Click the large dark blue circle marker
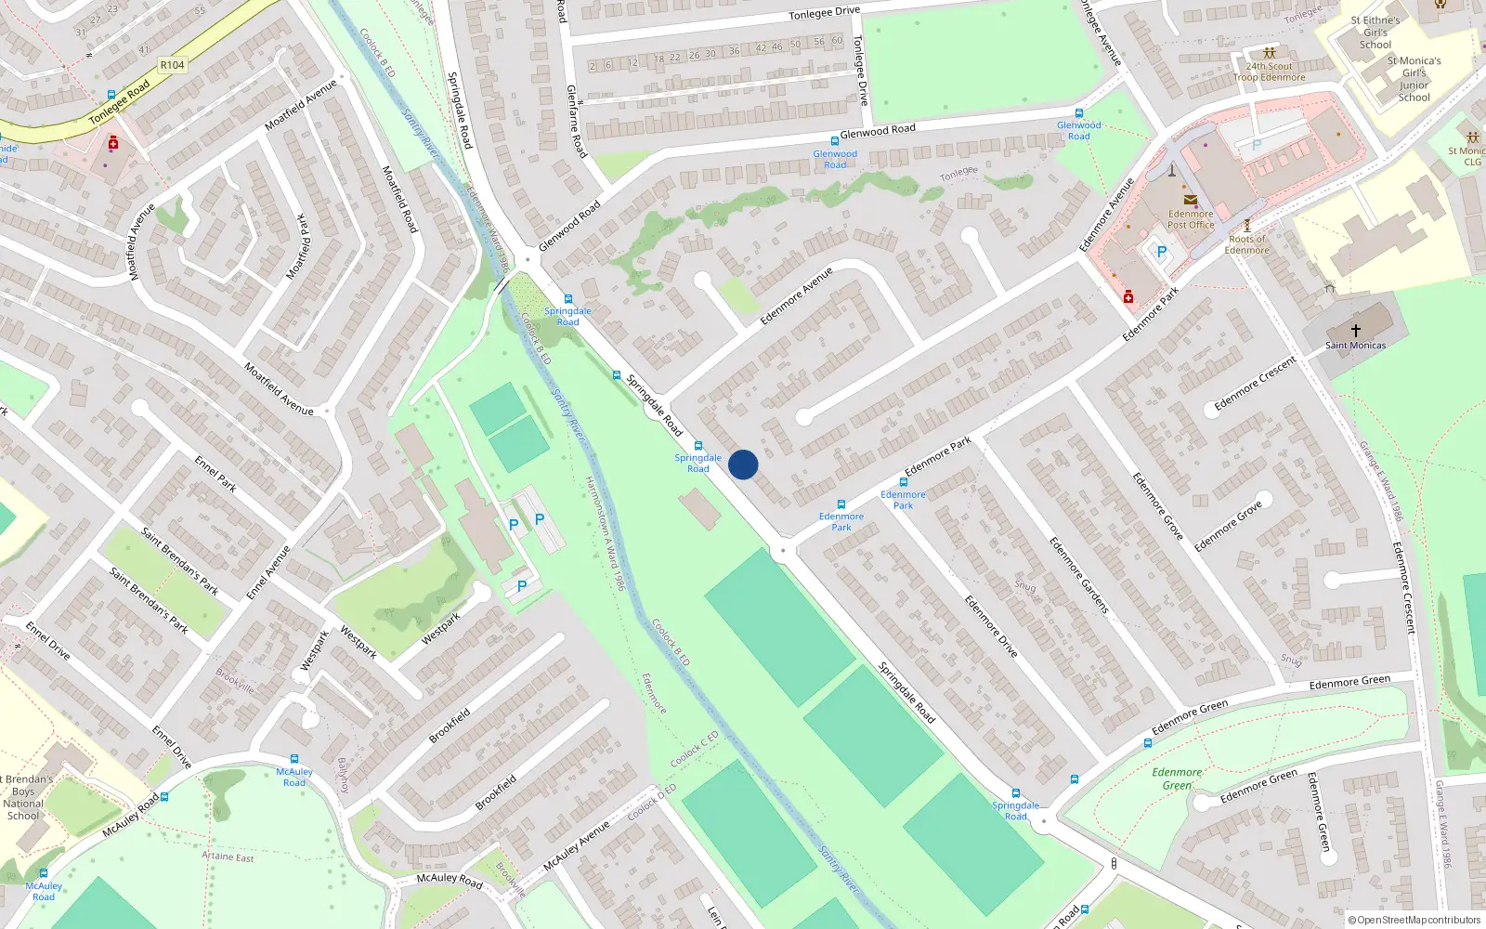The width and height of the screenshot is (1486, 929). click(x=743, y=464)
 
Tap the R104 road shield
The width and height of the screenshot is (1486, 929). click(x=172, y=65)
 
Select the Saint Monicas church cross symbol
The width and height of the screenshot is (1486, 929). click(x=1355, y=331)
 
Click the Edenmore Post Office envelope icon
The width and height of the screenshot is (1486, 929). click(x=1190, y=200)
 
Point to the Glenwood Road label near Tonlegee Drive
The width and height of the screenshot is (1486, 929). click(x=877, y=131)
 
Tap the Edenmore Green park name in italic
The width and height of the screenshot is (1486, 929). click(x=1177, y=779)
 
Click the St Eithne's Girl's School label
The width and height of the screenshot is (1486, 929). click(x=1375, y=33)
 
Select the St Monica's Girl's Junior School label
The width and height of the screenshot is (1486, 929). click(x=1414, y=79)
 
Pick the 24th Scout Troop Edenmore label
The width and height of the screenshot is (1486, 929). click(x=1269, y=72)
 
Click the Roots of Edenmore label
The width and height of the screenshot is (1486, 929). click(x=1246, y=244)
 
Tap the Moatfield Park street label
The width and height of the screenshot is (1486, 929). click(x=298, y=246)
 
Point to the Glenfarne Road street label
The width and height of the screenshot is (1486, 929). click(x=576, y=121)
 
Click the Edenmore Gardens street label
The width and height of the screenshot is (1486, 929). click(x=1079, y=575)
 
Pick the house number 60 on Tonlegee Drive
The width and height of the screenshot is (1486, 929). click(x=837, y=41)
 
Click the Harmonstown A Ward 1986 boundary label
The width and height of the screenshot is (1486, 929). click(x=605, y=534)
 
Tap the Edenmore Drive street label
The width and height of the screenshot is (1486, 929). click(x=990, y=626)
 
